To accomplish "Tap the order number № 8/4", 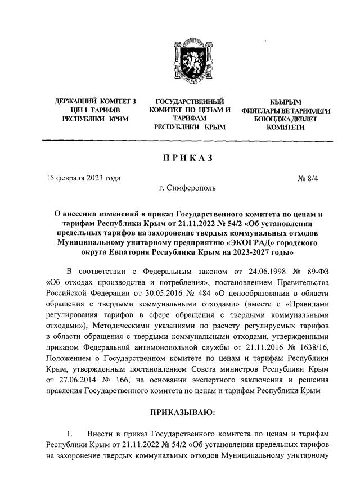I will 307,178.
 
